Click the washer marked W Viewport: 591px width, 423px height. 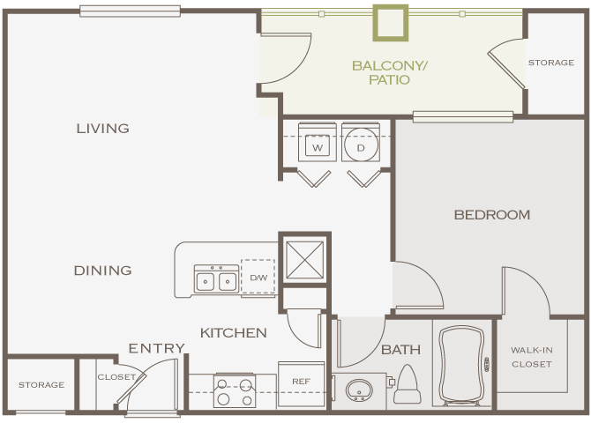point(317,146)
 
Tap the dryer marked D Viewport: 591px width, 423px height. point(361,146)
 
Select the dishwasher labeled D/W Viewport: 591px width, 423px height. point(258,278)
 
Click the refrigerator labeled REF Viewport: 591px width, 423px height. point(301,382)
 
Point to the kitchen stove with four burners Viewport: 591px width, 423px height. point(235,391)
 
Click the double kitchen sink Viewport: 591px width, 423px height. point(216,280)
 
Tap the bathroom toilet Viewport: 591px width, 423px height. point(408,381)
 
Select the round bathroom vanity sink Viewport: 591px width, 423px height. point(358,390)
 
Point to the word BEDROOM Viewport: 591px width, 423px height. point(491,214)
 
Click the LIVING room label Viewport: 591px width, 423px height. point(102,128)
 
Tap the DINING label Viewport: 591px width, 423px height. point(102,271)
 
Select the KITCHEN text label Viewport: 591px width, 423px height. point(233,332)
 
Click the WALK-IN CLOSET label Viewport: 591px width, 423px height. point(531,357)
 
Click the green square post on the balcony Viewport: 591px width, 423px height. point(391,23)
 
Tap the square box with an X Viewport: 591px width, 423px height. point(304,260)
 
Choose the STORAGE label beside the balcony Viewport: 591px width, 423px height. point(550,63)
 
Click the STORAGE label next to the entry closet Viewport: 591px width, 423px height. point(41,385)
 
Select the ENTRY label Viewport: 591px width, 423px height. point(157,348)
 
